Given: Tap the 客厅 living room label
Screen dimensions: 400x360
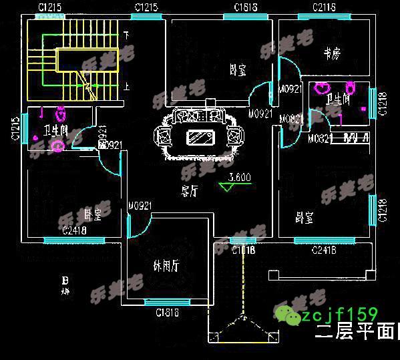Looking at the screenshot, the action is [x=190, y=190].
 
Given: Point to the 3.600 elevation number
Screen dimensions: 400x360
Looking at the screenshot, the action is [x=239, y=178].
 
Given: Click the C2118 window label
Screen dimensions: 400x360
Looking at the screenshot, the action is [x=324, y=8].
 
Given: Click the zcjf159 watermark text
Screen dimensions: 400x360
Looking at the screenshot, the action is [x=339, y=314].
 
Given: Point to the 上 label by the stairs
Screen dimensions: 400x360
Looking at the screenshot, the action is [x=127, y=85].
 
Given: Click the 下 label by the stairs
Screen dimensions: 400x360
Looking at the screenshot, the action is [x=126, y=33].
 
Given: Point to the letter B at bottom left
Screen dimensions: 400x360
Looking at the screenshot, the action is [x=65, y=279].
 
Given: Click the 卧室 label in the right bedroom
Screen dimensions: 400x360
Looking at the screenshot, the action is [x=305, y=217].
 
